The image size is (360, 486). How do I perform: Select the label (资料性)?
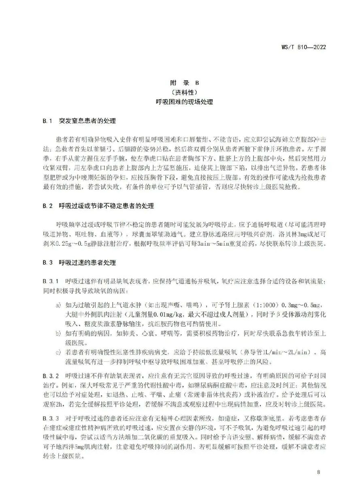coord(180,92)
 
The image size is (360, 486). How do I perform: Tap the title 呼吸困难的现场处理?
coord(180,102)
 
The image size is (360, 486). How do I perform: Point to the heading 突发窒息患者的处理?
coord(87,121)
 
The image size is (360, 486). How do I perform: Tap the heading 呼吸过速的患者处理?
coord(87,263)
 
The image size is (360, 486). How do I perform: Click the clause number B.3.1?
coord(51,281)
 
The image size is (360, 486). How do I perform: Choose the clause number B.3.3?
coord(51,416)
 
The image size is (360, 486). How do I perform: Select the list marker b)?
coord(58,333)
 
